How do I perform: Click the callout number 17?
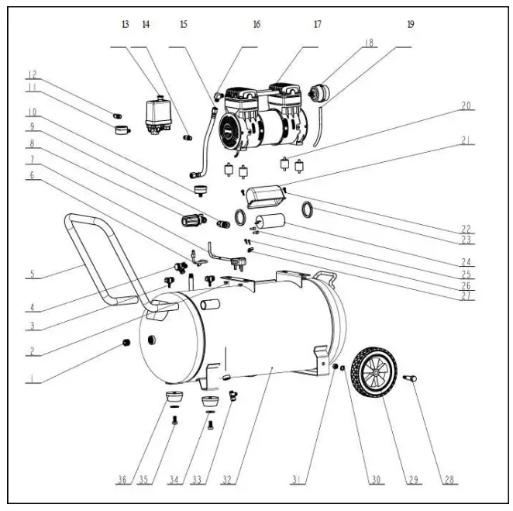316,24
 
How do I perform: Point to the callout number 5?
32,274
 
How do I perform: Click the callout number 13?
125,24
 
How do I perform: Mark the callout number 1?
32,379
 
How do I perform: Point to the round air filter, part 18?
318,92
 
